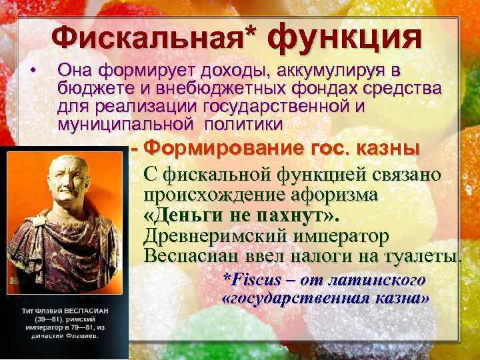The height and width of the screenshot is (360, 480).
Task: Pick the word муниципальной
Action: pyautogui.click(x=110, y=124)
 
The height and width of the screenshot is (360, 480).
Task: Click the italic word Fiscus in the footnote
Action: pyautogui.click(x=249, y=279)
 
